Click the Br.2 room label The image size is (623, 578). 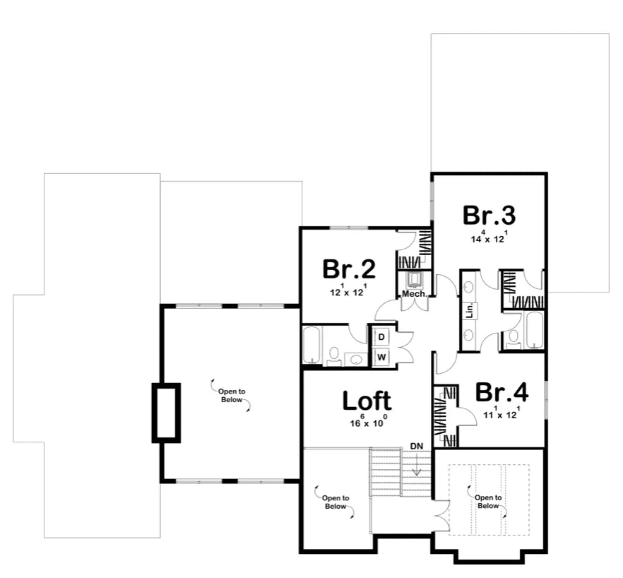pyautogui.click(x=348, y=269)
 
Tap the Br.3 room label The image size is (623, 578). pyautogui.click(x=489, y=215)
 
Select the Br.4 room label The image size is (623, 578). pyautogui.click(x=502, y=392)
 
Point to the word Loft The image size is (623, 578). pyautogui.click(x=367, y=401)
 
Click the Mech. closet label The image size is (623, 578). pyautogui.click(x=415, y=294)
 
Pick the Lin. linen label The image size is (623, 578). pyautogui.click(x=469, y=309)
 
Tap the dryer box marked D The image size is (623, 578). pyautogui.click(x=381, y=337)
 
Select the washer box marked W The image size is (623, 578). pyautogui.click(x=381, y=357)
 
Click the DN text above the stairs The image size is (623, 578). pyautogui.click(x=417, y=447)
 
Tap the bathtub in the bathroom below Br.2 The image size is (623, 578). pyautogui.click(x=312, y=345)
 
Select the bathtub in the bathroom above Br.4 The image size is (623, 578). pyautogui.click(x=533, y=330)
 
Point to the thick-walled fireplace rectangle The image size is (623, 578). pyautogui.click(x=166, y=413)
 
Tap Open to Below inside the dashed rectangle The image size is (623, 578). pyautogui.click(x=488, y=502)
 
